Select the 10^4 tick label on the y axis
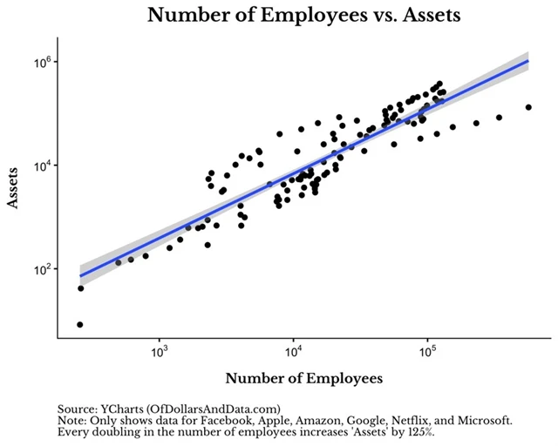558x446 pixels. point(43,166)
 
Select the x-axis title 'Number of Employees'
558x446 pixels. point(303,379)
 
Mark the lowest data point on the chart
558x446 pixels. point(80,325)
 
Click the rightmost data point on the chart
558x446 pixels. point(528,107)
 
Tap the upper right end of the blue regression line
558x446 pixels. point(528,60)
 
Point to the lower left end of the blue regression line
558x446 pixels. point(80,276)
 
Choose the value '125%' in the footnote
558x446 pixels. point(418,432)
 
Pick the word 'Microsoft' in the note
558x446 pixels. point(483,420)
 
